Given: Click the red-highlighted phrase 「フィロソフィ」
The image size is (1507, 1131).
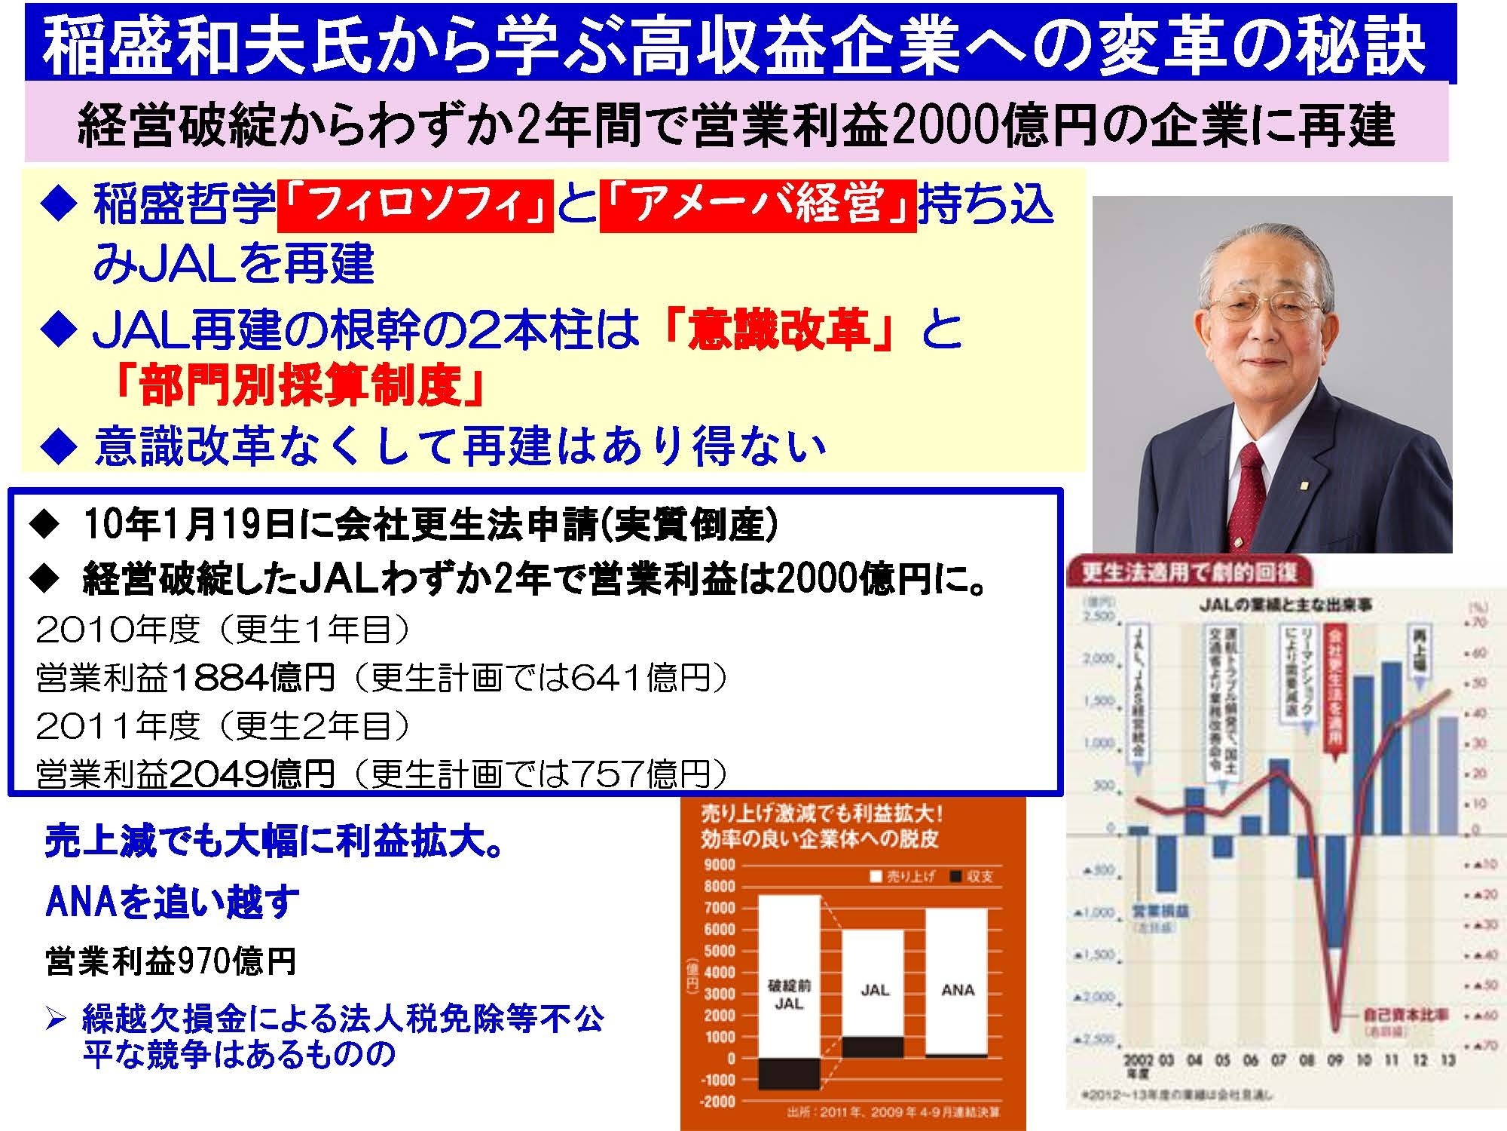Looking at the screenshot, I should pos(415,205).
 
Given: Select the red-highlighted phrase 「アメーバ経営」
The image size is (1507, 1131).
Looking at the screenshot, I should pos(758,205).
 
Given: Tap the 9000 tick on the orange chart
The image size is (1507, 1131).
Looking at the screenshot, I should pos(720,865).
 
